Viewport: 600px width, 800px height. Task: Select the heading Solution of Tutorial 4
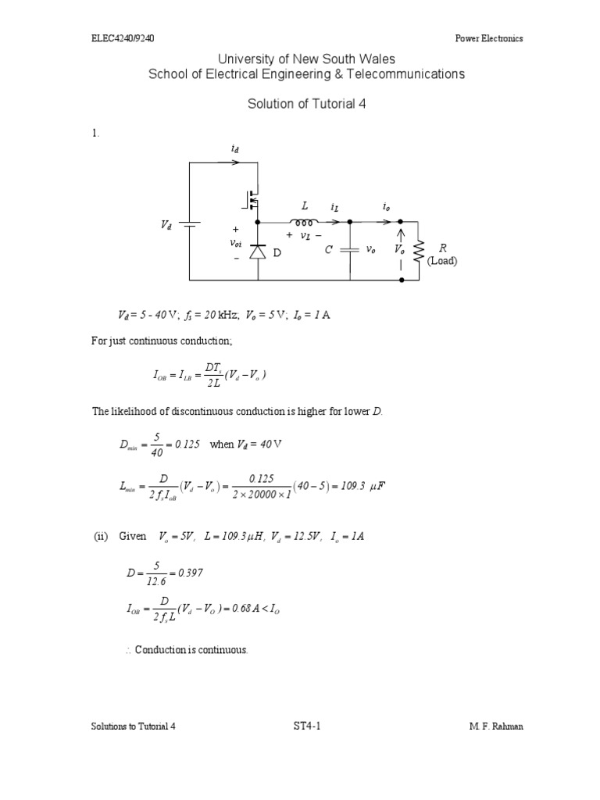coord(307,103)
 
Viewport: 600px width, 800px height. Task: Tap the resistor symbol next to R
coord(419,250)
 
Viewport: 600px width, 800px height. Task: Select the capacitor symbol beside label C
coord(350,250)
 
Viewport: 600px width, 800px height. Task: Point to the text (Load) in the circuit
coord(441,261)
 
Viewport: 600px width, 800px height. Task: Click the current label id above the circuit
coord(237,148)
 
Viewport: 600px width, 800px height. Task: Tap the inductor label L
coord(305,205)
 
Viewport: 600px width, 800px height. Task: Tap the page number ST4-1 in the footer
coord(302,726)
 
